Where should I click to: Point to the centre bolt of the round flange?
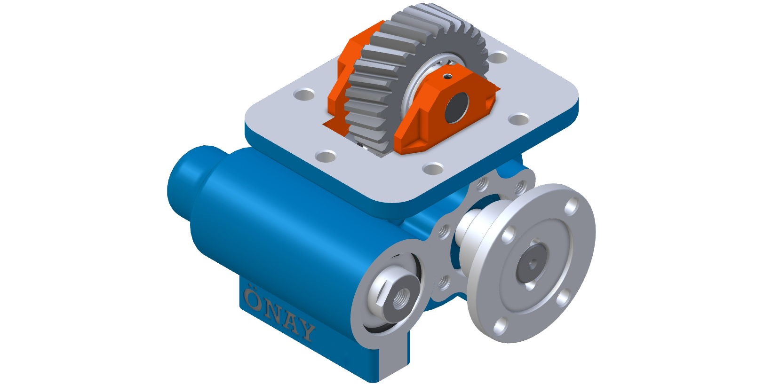[x=531, y=263]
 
